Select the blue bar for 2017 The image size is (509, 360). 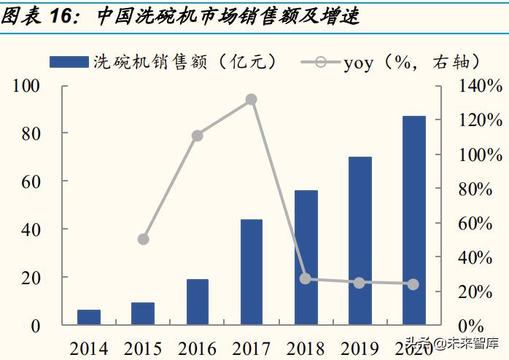pyautogui.click(x=252, y=272)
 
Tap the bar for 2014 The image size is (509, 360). pyautogui.click(x=89, y=317)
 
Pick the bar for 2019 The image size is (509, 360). pyautogui.click(x=360, y=240)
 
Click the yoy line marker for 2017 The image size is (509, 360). pyautogui.click(x=252, y=99)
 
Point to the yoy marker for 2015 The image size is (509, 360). pyautogui.click(x=143, y=239)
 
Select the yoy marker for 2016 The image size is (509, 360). pyautogui.click(x=197, y=136)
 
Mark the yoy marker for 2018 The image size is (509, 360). pyautogui.click(x=306, y=278)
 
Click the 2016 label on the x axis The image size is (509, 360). pyautogui.click(x=197, y=348)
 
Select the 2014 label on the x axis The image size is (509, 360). pyautogui.click(x=89, y=348)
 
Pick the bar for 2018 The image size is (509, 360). pyautogui.click(x=306, y=257)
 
